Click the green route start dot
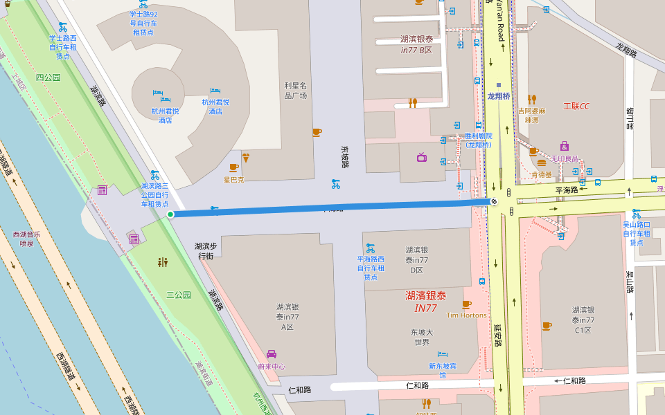pyautogui.click(x=170, y=214)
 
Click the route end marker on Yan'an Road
pyautogui.click(x=493, y=201)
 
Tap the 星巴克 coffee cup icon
pyautogui.click(x=234, y=167)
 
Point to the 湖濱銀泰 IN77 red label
pyautogui.click(x=426, y=302)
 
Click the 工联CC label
pyautogui.click(x=576, y=106)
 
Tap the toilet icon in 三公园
pyautogui.click(x=163, y=262)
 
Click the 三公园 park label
pyautogui.click(x=178, y=295)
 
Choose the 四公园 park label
pyautogui.click(x=48, y=77)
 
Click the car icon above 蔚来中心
pyautogui.click(x=272, y=354)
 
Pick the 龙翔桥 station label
pyautogui.click(x=499, y=96)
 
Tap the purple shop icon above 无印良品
pyautogui.click(x=565, y=146)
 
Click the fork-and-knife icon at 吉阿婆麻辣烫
pyautogui.click(x=532, y=100)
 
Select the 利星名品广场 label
pyautogui.click(x=296, y=91)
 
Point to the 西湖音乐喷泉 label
pyautogui.click(x=26, y=239)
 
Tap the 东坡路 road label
pyautogui.click(x=345, y=156)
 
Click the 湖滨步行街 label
pyautogui.click(x=206, y=250)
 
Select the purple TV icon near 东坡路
pyautogui.click(x=422, y=157)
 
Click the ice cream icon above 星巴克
pyautogui.click(x=245, y=157)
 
